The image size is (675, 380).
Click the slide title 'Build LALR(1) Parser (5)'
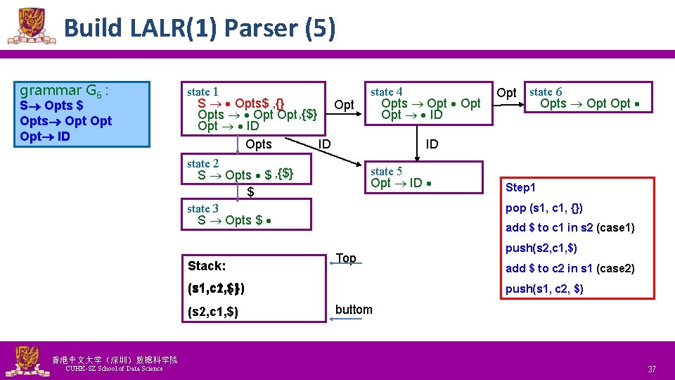pos(199,28)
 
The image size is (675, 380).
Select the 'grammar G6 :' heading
pos(64,90)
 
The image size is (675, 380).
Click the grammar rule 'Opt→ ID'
pos(45,136)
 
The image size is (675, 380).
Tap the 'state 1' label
pos(202,91)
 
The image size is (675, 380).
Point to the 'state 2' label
pos(202,163)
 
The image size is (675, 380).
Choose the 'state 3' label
pos(202,208)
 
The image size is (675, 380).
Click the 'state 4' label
pos(387,91)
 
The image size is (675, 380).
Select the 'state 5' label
pos(387,171)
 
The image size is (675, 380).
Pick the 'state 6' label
pos(546,91)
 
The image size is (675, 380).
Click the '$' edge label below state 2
pos(250,192)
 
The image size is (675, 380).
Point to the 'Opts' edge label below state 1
pos(259,144)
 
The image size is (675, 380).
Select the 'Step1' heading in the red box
pos(520,187)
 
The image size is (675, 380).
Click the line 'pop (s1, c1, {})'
pos(544,208)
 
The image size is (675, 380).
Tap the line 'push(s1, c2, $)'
pos(544,289)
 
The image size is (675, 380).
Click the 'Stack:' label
pos(207,266)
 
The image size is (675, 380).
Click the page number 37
pos(652,369)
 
